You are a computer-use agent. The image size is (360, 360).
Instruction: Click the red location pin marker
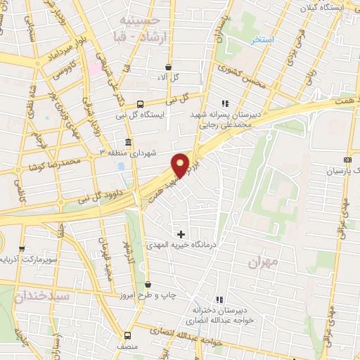[181, 165]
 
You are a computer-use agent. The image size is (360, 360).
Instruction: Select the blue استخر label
[264, 40]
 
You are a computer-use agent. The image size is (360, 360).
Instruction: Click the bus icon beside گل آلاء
[167, 67]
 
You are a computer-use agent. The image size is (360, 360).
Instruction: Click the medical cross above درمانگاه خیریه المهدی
[181, 233]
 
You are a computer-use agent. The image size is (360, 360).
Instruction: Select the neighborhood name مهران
[264, 262]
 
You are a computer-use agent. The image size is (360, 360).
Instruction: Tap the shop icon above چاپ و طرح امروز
[147, 284]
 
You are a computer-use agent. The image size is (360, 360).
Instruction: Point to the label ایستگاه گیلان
[335, 6]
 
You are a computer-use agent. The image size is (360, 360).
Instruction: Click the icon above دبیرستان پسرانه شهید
[225, 102]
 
